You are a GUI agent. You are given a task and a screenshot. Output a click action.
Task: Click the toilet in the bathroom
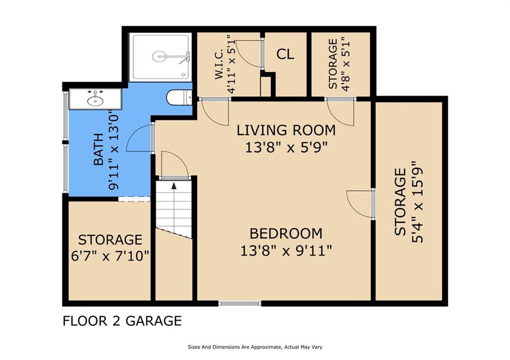click(179, 97)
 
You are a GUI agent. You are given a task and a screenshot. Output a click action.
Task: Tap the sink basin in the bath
click(95, 101)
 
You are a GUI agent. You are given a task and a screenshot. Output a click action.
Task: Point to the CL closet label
click(285, 54)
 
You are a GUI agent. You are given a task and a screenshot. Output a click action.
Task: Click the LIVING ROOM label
click(286, 130)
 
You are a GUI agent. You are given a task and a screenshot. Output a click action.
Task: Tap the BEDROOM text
click(286, 234)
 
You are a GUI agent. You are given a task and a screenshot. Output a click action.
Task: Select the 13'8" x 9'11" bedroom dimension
click(286, 250)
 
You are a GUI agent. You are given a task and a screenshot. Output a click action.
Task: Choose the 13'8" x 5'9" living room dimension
click(286, 147)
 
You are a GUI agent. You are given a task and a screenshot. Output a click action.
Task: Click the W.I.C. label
click(219, 64)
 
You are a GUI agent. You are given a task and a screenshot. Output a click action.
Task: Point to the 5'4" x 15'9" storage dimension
click(418, 202)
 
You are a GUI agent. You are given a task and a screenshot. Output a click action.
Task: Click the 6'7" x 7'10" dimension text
click(110, 256)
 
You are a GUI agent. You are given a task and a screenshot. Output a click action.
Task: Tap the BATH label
click(99, 149)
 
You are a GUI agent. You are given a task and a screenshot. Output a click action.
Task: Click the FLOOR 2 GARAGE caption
click(122, 321)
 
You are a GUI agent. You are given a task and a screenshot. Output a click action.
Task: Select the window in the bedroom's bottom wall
click(240, 303)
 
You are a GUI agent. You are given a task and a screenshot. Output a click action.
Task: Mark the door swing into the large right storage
click(359, 203)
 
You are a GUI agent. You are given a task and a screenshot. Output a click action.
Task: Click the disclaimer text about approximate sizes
click(255, 347)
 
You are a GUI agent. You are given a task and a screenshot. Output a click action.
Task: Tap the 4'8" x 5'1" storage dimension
click(346, 63)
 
